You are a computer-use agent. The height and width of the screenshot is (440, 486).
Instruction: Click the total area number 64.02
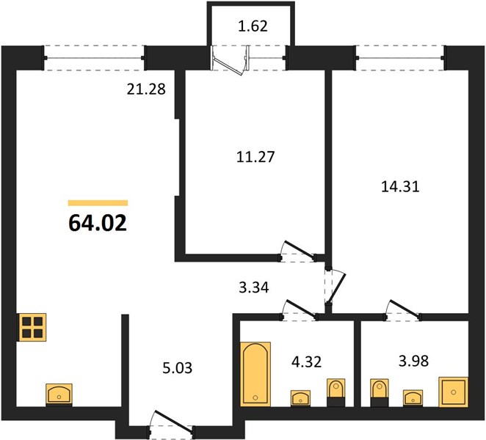coord(98,223)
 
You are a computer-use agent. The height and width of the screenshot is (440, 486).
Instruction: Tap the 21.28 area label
coord(146,89)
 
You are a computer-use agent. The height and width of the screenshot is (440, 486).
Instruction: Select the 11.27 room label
coord(255,157)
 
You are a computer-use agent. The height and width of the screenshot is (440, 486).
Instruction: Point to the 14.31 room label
coord(400,187)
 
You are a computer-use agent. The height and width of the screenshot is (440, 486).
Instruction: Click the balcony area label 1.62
coord(253,26)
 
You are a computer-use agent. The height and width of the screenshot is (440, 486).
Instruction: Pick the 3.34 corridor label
coord(254,287)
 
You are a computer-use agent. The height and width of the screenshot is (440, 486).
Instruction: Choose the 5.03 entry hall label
coord(177,368)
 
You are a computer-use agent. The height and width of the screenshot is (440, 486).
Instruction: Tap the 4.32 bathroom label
coord(307,362)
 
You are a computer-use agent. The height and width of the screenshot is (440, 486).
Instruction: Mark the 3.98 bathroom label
coord(414,361)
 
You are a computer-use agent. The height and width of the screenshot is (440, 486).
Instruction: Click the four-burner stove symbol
coord(32,328)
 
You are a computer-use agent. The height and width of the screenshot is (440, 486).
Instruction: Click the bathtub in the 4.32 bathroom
coord(255,374)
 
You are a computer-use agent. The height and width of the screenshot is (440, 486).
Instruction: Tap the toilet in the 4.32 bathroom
coord(336,392)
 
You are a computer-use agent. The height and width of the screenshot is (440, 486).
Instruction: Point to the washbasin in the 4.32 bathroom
coord(300,398)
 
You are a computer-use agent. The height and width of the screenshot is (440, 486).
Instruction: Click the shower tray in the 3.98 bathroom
coord(454,392)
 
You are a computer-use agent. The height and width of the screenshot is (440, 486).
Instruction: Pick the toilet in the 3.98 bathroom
coord(379,392)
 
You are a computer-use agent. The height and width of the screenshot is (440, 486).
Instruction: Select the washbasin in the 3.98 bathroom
coord(413,397)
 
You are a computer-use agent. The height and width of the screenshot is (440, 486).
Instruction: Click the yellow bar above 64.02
coord(98,203)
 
